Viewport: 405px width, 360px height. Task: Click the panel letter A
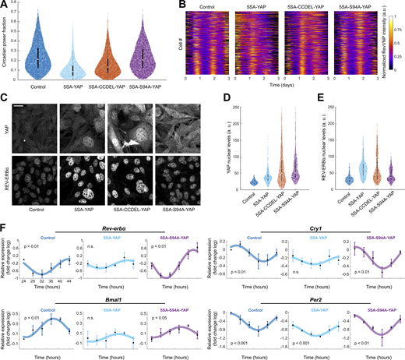(x=4, y=5)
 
